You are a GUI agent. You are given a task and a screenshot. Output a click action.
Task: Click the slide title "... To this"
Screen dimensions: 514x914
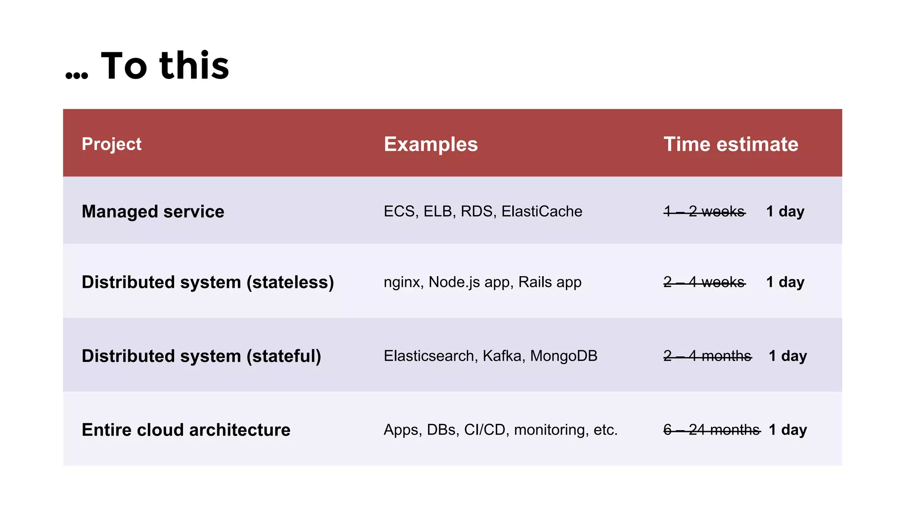click(x=147, y=66)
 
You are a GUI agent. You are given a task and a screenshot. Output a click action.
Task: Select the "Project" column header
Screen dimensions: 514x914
click(x=112, y=144)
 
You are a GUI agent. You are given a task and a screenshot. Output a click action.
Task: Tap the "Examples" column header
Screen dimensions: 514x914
click(x=431, y=144)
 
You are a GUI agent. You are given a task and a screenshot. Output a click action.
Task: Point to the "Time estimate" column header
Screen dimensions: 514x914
click(x=731, y=144)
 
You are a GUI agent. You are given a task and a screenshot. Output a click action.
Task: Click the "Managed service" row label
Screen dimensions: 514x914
click(x=153, y=211)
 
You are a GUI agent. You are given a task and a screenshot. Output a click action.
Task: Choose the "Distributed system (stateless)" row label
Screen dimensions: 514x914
click(x=208, y=282)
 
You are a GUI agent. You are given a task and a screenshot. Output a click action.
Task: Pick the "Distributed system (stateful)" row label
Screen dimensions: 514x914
click(x=201, y=356)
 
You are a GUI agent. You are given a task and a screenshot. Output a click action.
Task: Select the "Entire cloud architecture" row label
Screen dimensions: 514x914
click(x=186, y=430)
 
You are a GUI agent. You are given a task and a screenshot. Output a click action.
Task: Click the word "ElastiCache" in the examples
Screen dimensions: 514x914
click(x=542, y=211)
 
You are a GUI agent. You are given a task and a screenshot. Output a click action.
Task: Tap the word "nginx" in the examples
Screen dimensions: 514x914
click(x=402, y=282)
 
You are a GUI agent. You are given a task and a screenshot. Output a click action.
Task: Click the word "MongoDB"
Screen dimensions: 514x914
click(x=564, y=356)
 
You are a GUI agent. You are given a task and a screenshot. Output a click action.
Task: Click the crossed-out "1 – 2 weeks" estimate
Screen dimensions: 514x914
click(x=704, y=211)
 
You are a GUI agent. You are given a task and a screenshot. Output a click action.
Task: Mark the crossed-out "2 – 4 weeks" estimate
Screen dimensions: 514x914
click(x=704, y=282)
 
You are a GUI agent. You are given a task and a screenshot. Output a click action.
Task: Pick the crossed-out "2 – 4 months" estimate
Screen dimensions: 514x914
click(x=707, y=356)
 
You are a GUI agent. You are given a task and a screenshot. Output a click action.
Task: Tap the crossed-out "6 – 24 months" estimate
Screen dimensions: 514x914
click(x=711, y=430)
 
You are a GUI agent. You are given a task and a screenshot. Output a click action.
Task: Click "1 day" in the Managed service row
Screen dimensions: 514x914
click(x=785, y=211)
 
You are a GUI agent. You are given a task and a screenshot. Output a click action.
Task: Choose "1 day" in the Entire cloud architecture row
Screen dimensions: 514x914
click(x=788, y=430)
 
